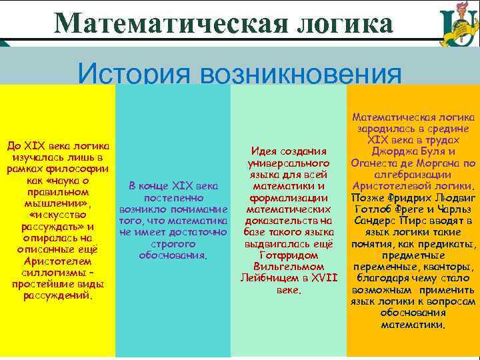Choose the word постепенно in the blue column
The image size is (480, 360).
(173, 198)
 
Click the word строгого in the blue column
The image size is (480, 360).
(173, 243)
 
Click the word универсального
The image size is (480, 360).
(289, 163)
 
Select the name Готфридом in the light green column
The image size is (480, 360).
(288, 255)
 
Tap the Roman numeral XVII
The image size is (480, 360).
(323, 277)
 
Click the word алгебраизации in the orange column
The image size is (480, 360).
(412, 174)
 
